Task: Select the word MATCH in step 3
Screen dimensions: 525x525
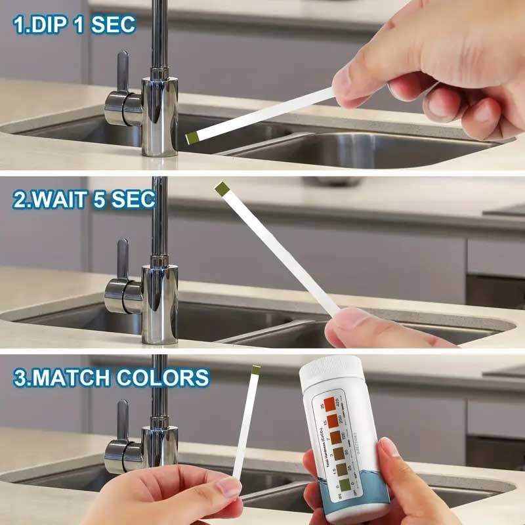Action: [85, 377]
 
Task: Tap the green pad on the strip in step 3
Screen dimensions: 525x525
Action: [257, 372]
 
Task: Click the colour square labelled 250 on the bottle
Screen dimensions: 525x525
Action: [334, 419]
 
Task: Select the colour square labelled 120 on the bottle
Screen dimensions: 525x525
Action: [336, 436]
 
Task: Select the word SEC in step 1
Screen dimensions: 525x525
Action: [113, 24]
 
